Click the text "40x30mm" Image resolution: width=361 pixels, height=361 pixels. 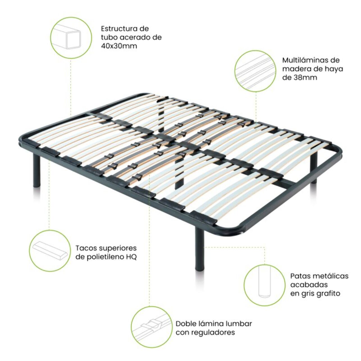(x=119, y=46)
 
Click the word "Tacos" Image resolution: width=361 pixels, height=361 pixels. (x=86, y=248)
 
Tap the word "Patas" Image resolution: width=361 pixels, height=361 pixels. (x=301, y=276)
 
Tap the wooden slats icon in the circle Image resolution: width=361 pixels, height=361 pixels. (x=256, y=71)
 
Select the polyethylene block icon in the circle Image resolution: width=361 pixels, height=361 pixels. (x=50, y=251)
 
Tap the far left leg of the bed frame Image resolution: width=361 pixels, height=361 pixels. (x=37, y=170)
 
